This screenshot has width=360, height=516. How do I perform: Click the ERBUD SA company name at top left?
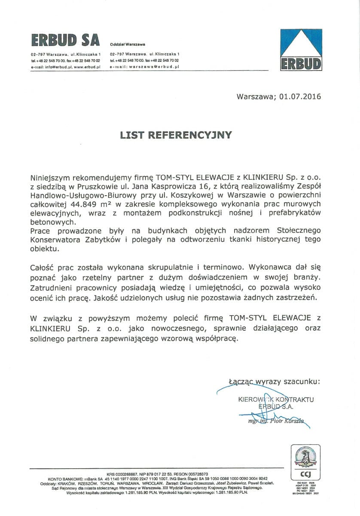click(x=65, y=40)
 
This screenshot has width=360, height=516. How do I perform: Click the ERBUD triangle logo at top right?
click(x=301, y=50)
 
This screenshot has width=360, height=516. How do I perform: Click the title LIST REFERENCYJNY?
click(x=176, y=135)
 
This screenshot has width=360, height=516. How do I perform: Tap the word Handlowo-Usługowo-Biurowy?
click(x=79, y=195)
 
